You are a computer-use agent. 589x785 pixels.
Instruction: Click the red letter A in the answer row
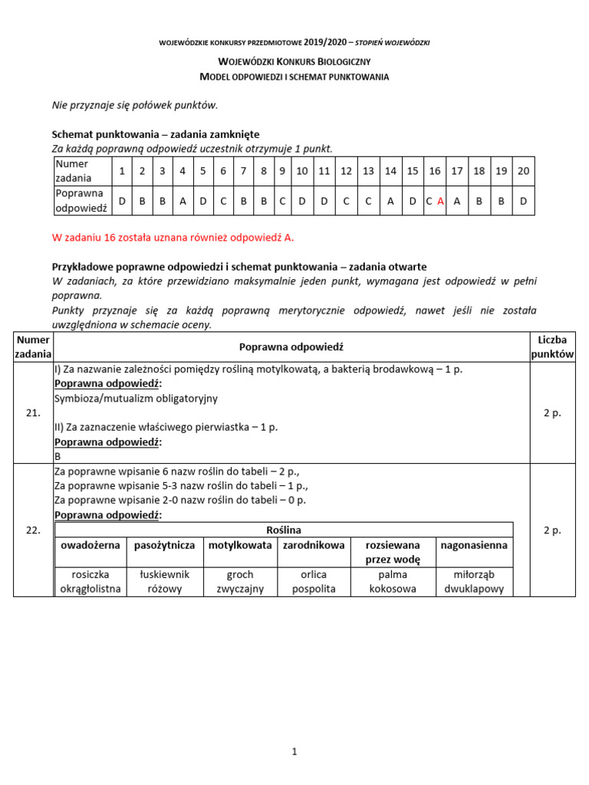point(440,201)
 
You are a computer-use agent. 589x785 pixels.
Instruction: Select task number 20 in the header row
point(523,171)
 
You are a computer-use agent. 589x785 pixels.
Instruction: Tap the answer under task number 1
point(122,201)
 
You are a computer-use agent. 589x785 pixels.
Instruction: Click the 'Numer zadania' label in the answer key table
point(72,171)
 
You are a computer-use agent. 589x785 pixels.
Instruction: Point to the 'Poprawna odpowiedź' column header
point(291,347)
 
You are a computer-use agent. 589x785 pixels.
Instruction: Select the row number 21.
point(33,412)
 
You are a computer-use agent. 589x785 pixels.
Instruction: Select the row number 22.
point(33,530)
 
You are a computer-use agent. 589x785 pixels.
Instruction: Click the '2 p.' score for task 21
point(552,412)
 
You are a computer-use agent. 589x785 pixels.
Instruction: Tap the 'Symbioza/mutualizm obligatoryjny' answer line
point(136,399)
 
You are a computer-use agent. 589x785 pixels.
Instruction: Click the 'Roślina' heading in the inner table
point(283,530)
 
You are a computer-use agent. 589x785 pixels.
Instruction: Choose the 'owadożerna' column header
point(90,545)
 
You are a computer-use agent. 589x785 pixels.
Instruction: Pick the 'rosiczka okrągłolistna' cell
point(90,582)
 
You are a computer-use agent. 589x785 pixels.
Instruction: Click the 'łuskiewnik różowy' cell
point(164,582)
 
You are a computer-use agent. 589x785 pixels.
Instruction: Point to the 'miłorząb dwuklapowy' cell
point(472,582)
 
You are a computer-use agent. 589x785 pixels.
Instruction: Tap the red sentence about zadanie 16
point(173,238)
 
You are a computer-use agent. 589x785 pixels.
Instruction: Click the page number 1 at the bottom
point(294,752)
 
